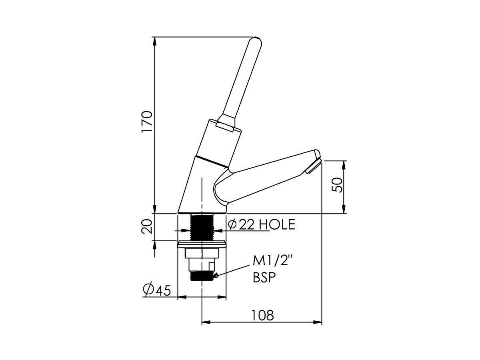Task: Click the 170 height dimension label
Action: [147, 122]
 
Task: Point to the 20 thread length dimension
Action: [147, 227]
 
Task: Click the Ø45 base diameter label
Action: [157, 290]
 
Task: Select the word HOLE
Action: [277, 224]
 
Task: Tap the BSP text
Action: [264, 278]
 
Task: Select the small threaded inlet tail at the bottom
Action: [202, 276]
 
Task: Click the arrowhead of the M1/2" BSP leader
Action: [216, 275]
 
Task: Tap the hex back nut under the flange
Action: [202, 253]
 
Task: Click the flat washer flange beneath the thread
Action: [202, 243]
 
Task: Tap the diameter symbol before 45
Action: [148, 290]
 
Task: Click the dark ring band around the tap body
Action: [212, 161]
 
